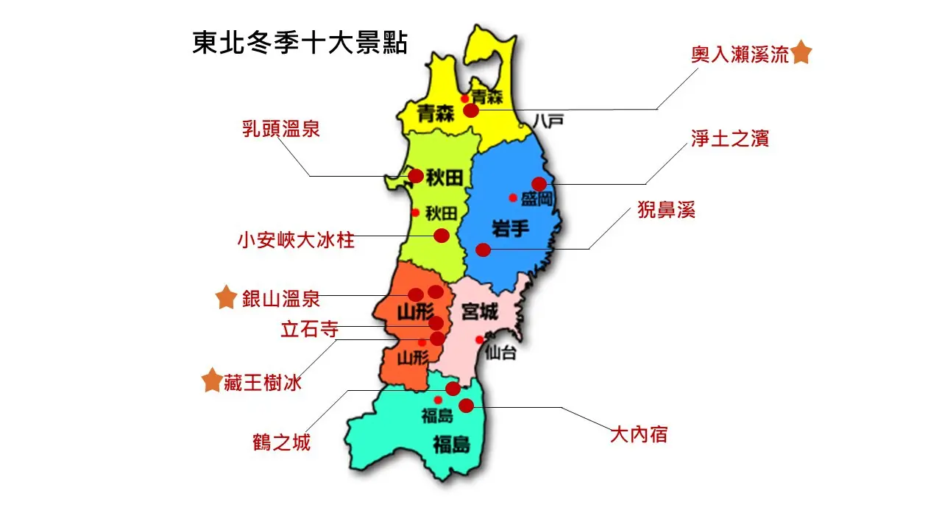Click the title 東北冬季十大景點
300,43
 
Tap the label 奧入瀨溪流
740,55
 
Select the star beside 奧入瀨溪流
801,53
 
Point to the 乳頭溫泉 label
281,129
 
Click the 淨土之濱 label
730,138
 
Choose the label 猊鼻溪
666,211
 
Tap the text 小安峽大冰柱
296,240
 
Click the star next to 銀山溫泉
226,298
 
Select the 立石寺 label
309,329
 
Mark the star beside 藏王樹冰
212,381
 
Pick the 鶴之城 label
281,442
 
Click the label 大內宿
639,434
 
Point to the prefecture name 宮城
480,312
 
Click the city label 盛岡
536,198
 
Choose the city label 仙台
500,353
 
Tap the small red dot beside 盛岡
513,197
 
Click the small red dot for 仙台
479,339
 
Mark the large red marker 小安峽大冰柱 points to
442,236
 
